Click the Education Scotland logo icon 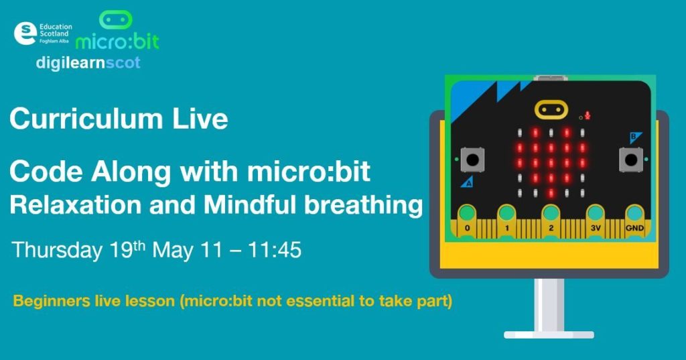pos(25,34)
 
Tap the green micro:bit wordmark pos(117,42)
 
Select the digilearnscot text pos(88,62)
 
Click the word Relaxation pos(76,204)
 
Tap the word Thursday pos(56,250)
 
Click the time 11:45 pos(274,249)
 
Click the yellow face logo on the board pos(551,109)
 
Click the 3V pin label pos(596,228)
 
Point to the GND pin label pos(634,228)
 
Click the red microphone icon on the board pos(588,115)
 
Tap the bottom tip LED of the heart pos(551,192)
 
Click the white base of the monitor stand pos(549,335)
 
